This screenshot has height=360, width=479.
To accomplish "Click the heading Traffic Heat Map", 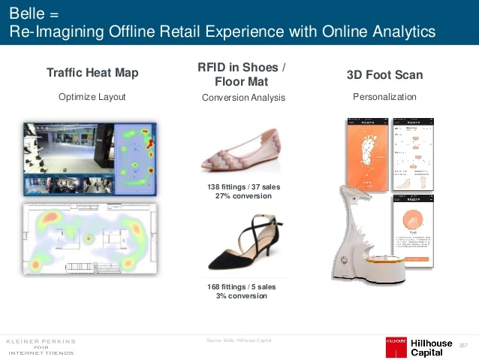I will (x=92, y=73).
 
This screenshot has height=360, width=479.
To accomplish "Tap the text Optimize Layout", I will (x=92, y=97).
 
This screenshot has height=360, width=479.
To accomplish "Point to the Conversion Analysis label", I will (x=243, y=98).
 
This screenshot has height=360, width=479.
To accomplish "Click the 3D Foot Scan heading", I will (x=384, y=74).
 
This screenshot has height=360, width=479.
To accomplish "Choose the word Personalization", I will (x=384, y=97).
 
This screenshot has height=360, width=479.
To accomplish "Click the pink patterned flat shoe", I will (x=239, y=150).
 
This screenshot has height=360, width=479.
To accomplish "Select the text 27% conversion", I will (x=238, y=196).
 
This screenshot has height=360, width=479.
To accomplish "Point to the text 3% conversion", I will (x=238, y=295).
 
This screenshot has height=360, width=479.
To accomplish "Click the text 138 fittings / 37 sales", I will (x=238, y=187).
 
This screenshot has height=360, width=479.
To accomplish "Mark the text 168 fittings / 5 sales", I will (x=238, y=287).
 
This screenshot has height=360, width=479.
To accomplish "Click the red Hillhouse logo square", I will (x=396, y=346).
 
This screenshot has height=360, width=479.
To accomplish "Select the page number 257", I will (x=463, y=344).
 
